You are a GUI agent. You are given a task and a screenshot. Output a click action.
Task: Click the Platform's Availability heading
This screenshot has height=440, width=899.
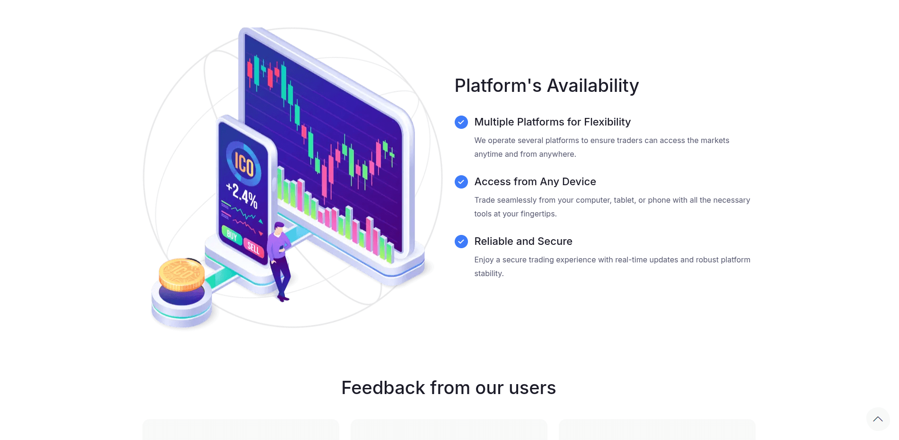pos(546,86)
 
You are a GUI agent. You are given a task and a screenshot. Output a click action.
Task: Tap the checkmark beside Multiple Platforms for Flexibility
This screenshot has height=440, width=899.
pos(461,122)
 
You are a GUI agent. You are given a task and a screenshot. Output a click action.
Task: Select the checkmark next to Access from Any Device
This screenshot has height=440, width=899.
pos(461,182)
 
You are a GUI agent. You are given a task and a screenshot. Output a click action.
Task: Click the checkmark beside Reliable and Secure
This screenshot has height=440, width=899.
pos(461,242)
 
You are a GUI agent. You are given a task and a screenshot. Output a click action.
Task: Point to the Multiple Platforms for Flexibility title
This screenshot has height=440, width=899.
pos(552,122)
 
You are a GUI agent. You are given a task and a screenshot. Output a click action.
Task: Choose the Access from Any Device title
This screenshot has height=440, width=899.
pos(535,182)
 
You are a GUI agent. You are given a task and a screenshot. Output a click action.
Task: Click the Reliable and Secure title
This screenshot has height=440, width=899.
pos(523,242)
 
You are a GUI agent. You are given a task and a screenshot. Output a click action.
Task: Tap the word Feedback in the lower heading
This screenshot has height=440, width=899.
pos(383,388)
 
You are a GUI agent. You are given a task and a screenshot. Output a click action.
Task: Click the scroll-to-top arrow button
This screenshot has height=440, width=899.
pos(878,419)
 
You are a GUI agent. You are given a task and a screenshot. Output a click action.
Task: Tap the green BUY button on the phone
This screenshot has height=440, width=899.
pos(232,235)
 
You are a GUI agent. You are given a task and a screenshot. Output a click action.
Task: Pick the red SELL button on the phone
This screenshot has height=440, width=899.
pos(254,248)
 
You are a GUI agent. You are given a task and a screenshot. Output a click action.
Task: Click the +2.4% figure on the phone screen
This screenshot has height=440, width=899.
pos(242,195)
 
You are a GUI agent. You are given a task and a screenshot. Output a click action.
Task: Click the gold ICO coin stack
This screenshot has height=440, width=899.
pos(182,274)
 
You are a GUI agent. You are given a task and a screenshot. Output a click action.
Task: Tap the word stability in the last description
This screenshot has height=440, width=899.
pos(489,274)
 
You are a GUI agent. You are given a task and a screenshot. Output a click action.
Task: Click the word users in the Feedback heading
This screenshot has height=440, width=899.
pos(532,388)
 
